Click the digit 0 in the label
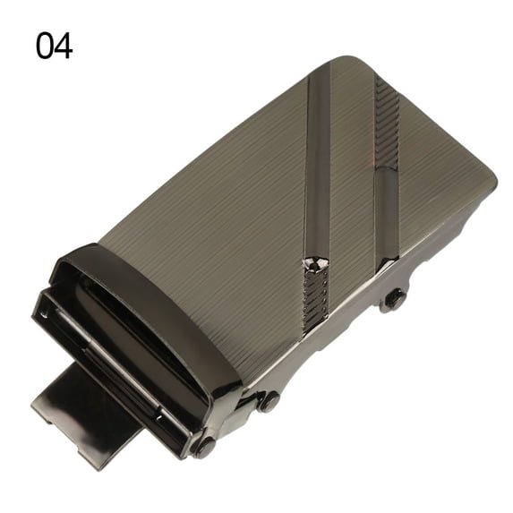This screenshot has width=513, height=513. click(45, 46)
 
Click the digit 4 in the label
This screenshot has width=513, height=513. click(64, 46)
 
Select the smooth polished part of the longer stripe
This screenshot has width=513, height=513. click(318, 164)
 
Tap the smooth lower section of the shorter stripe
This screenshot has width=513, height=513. click(387, 213)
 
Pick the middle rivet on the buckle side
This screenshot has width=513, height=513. click(269, 401)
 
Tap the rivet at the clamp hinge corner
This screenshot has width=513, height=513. click(205, 446)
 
